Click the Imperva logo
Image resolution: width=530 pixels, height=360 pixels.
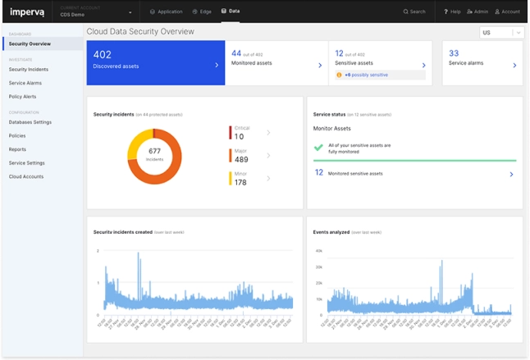pyautogui.click(x=26, y=11)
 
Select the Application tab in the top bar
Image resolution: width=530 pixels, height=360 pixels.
pyautogui.click(x=167, y=11)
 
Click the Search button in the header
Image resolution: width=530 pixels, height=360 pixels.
pyautogui.click(x=414, y=11)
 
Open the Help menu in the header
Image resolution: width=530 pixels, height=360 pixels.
pyautogui.click(x=452, y=11)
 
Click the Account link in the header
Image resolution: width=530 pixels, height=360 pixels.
pyautogui.click(x=507, y=11)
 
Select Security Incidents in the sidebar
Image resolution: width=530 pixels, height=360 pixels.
pyautogui.click(x=29, y=70)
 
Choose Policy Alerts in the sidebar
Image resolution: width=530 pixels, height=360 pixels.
pyautogui.click(x=22, y=96)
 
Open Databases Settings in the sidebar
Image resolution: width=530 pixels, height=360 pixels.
pyautogui.click(x=30, y=122)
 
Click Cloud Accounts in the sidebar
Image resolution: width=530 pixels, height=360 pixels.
pyautogui.click(x=26, y=176)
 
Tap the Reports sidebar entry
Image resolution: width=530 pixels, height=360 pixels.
pyautogui.click(x=17, y=149)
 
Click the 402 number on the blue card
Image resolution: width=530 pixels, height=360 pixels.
pyautogui.click(x=103, y=53)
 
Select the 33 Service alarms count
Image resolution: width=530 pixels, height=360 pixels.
pyautogui.click(x=454, y=53)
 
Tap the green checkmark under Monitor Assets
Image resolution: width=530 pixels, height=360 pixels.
pyautogui.click(x=318, y=148)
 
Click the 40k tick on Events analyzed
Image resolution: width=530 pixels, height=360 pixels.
pyautogui.click(x=319, y=251)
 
